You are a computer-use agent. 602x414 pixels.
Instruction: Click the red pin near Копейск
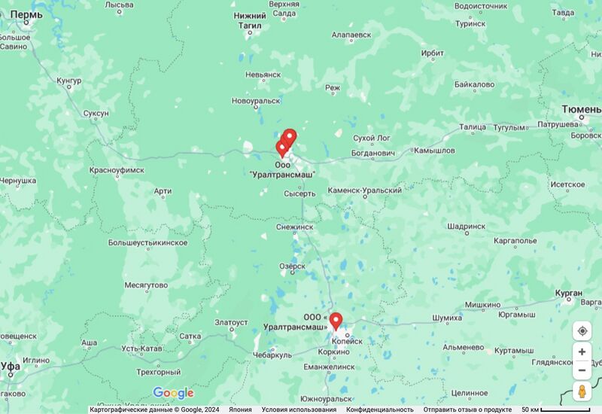click(x=336, y=321)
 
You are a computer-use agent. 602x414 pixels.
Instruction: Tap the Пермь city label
click(x=26, y=15)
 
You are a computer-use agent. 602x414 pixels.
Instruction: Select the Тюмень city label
click(x=581, y=109)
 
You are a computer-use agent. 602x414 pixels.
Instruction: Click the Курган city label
click(x=568, y=292)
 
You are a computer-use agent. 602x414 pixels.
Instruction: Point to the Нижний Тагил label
click(x=250, y=20)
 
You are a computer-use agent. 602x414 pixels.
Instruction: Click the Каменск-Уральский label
click(x=364, y=190)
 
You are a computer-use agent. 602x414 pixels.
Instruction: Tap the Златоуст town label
click(x=231, y=322)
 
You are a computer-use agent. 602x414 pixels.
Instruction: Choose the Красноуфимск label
click(x=117, y=171)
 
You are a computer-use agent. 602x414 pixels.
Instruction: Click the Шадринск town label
click(x=466, y=226)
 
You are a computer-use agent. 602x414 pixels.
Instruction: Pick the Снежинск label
click(x=294, y=226)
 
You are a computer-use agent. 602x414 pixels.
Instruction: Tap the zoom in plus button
click(x=582, y=352)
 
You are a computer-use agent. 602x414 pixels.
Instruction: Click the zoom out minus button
click(x=582, y=370)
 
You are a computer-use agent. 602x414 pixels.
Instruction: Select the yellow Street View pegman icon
click(x=582, y=391)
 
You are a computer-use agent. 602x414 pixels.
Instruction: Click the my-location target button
click(x=582, y=331)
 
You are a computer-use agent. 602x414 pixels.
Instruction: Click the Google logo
click(x=173, y=393)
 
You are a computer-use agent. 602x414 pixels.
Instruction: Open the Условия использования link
click(x=299, y=409)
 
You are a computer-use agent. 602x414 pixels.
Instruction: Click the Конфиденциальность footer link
click(x=380, y=409)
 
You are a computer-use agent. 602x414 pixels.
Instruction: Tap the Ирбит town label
click(x=433, y=53)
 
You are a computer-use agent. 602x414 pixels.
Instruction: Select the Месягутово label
click(x=146, y=285)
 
